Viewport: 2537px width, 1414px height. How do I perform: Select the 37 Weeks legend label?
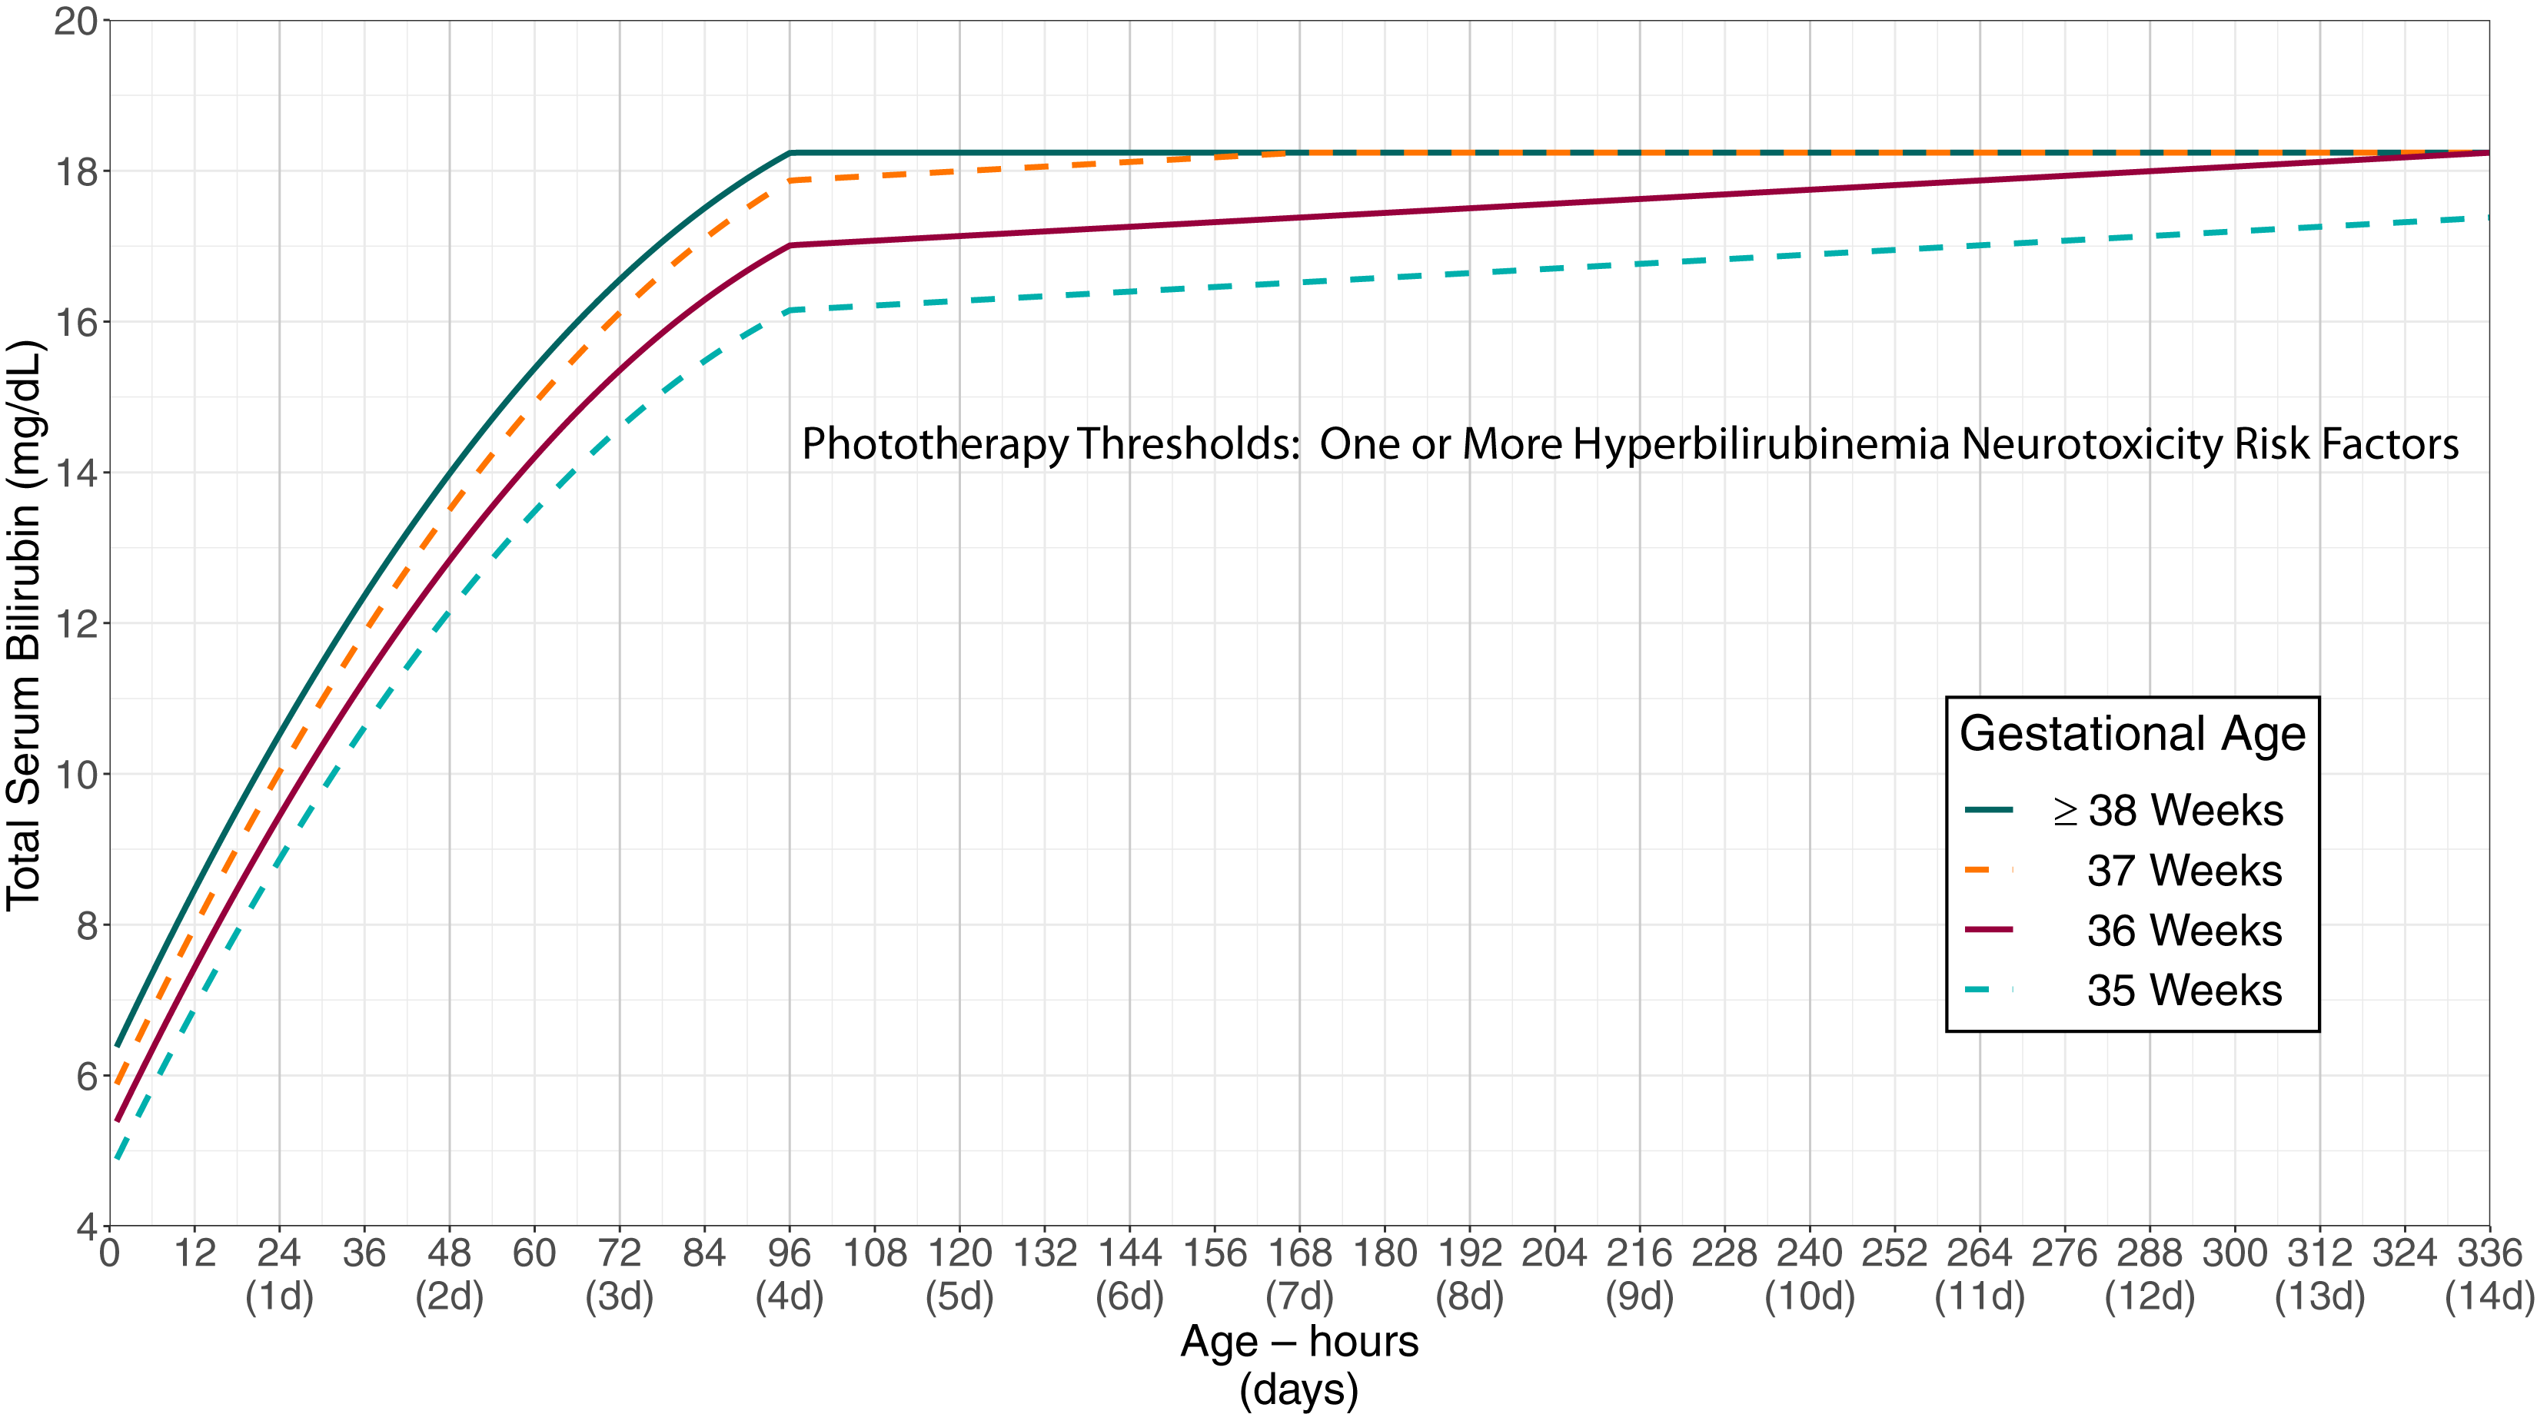point(2183,871)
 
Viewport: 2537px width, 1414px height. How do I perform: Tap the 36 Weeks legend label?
point(2183,931)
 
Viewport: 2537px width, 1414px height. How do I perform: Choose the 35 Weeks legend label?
point(2183,991)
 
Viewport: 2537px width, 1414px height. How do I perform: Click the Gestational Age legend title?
point(2131,735)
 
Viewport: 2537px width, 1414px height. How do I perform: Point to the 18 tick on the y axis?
point(77,171)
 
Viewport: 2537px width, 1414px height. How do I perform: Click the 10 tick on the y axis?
point(77,775)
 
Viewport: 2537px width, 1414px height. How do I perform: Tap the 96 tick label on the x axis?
point(789,1253)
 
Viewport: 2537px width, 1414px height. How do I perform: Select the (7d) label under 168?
point(1299,1297)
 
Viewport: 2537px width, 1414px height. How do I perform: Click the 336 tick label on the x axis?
point(2489,1253)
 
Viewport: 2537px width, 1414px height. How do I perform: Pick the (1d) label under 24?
point(279,1297)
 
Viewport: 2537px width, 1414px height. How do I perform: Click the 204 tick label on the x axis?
point(1554,1253)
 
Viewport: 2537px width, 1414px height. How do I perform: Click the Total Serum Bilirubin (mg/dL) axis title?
point(24,626)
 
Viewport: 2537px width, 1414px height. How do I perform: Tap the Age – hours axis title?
point(1299,1341)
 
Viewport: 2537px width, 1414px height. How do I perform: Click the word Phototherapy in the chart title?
point(933,445)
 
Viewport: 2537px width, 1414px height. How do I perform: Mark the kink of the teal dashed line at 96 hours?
point(790,310)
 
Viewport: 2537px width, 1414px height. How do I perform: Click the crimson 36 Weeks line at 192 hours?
point(1469,209)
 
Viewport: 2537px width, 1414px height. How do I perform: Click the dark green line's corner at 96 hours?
point(790,154)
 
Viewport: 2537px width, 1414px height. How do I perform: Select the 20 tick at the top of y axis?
point(77,21)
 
